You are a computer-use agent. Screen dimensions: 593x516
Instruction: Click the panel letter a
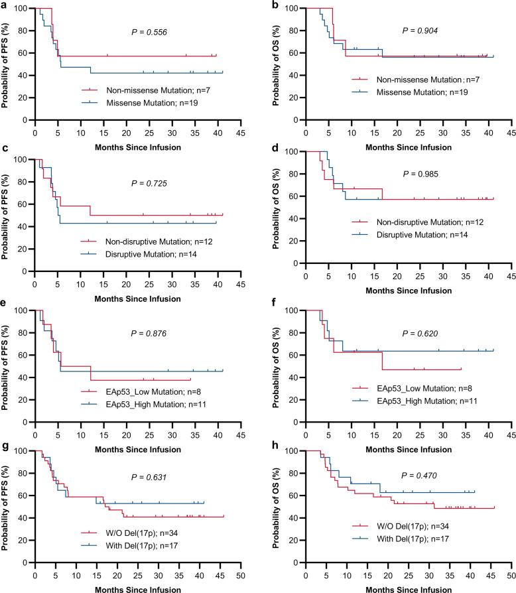5,6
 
